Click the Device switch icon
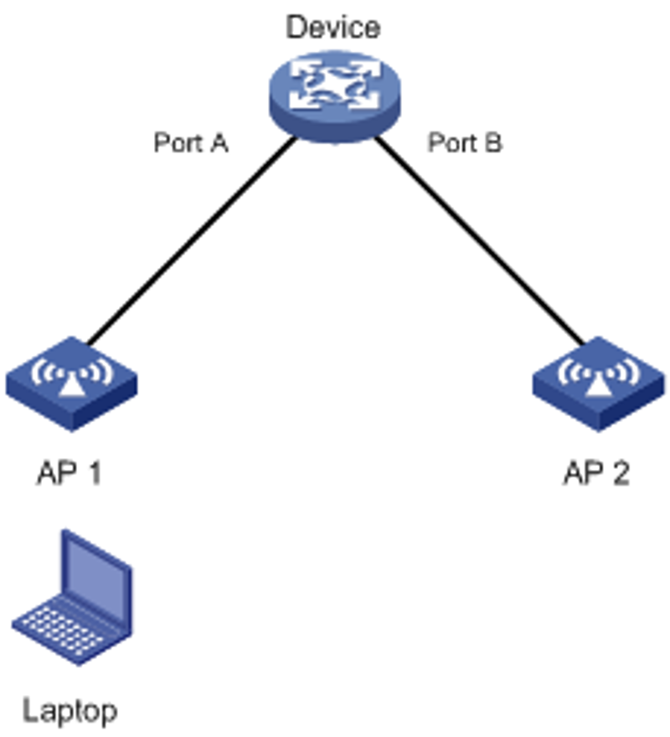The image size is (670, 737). click(x=335, y=96)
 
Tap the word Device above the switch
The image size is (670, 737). click(x=333, y=28)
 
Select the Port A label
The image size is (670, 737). click(x=191, y=142)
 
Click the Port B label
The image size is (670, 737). click(x=465, y=142)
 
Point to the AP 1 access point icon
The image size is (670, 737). click(x=71, y=384)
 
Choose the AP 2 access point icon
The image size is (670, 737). click(x=598, y=384)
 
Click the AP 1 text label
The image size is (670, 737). click(x=70, y=472)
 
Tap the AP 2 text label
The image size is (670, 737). click(x=596, y=472)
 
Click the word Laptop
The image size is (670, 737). click(x=70, y=711)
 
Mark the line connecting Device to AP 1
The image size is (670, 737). click(x=192, y=241)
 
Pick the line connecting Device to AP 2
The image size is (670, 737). click(x=480, y=241)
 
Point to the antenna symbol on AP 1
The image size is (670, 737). click(x=71, y=377)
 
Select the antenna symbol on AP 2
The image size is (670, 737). click(x=598, y=377)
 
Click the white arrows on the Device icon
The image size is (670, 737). click(x=335, y=85)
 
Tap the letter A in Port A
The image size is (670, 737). click(x=219, y=142)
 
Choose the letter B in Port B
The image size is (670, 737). click(x=493, y=142)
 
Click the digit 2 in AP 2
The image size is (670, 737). click(x=621, y=472)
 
